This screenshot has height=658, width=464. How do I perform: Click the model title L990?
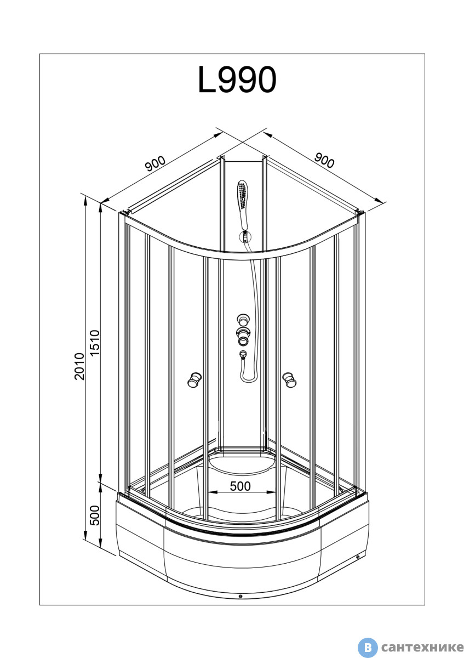coord(237,80)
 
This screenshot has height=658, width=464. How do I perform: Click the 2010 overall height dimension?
coord(79,366)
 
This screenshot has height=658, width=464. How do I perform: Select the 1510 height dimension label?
coord(95,343)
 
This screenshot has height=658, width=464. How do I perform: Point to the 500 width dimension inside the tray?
coord(240,486)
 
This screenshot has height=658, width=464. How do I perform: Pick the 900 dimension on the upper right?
coord(324,161)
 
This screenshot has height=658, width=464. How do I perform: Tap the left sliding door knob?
coord(194,380)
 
